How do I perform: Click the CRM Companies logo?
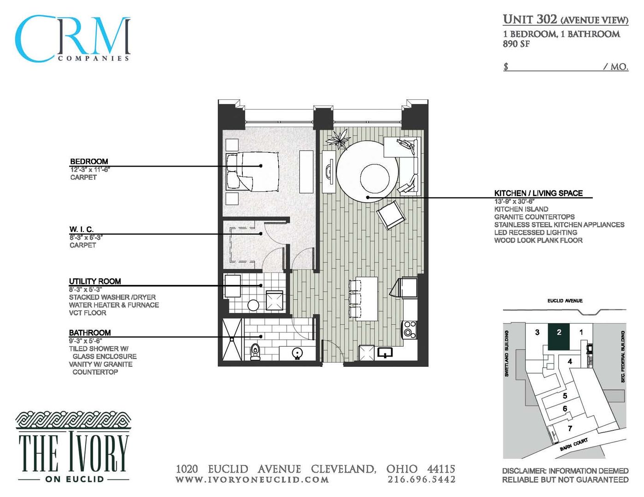(73, 39)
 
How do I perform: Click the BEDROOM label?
(89, 162)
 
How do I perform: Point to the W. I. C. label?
(81, 229)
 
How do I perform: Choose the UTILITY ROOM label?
(95, 281)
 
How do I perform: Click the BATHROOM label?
(90, 333)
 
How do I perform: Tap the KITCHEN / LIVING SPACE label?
(538, 193)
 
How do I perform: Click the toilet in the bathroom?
(255, 352)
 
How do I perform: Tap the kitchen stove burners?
(410, 329)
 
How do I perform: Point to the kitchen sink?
(385, 353)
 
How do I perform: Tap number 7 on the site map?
(570, 428)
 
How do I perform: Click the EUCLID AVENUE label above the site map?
(565, 301)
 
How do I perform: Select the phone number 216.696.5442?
(421, 480)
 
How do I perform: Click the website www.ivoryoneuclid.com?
(252, 480)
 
